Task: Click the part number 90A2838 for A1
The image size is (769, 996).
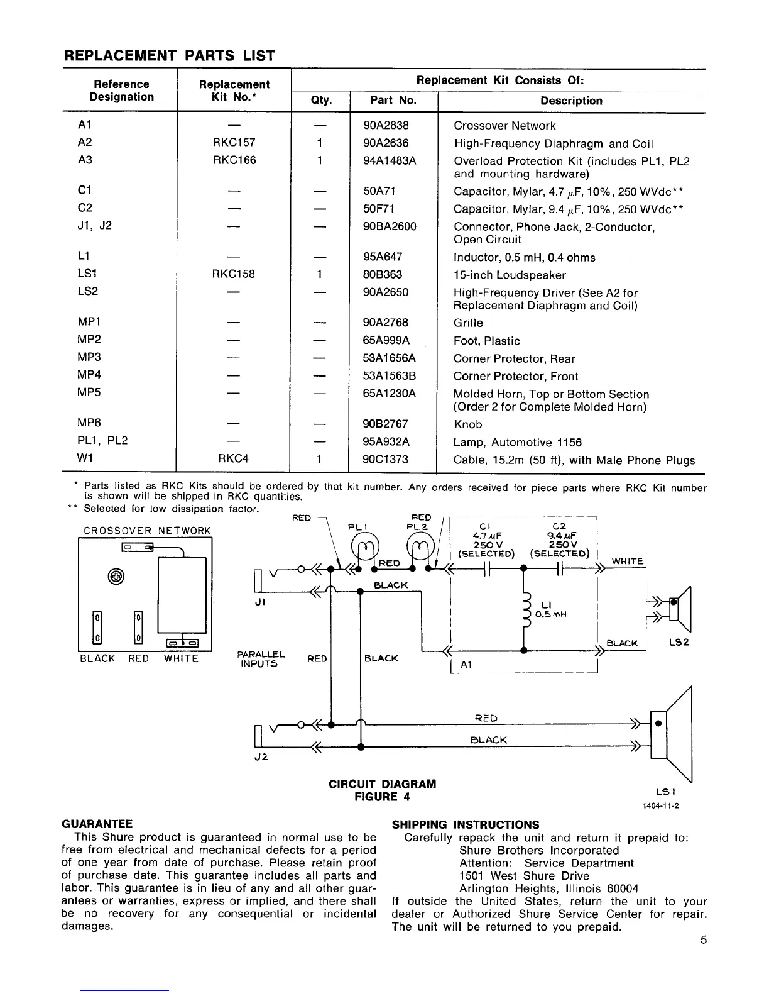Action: [385, 125]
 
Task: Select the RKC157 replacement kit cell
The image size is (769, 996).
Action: [234, 143]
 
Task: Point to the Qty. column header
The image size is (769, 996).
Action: [321, 101]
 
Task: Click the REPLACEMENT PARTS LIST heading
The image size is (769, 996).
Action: [170, 56]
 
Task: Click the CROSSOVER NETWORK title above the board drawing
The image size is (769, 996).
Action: [148, 531]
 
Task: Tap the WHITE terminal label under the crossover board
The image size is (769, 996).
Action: [181, 658]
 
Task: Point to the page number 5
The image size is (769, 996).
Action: [703, 941]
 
